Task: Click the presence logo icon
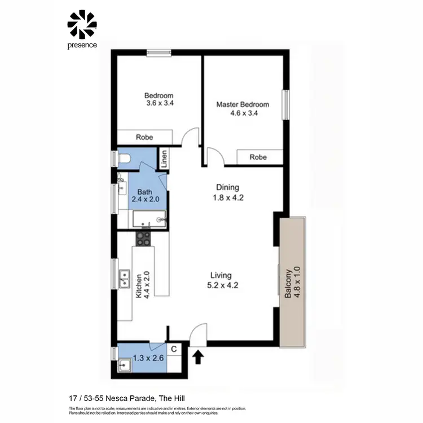(x=82, y=24)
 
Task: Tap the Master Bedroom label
(x=243, y=104)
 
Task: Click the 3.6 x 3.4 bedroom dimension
(x=158, y=104)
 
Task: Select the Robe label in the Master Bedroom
(x=258, y=157)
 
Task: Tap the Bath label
(x=145, y=192)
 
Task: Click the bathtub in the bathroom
(x=149, y=219)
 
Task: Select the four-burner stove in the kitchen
(x=144, y=239)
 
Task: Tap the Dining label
(x=228, y=187)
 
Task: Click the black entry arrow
(x=198, y=357)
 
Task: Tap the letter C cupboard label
(x=174, y=349)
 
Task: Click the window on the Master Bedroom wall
(x=285, y=104)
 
